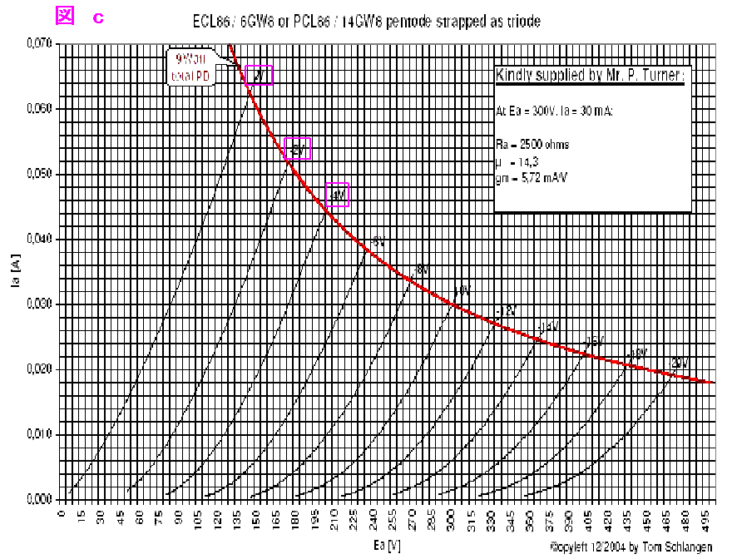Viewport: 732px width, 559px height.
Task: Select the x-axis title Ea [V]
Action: tap(388, 545)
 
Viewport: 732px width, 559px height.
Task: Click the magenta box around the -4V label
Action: tap(337, 195)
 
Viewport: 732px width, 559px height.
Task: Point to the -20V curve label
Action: tap(680, 363)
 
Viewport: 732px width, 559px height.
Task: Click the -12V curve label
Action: tap(505, 310)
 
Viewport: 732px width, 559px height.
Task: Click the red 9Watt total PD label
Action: tap(190, 67)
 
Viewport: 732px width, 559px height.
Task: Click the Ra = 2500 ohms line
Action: tap(532, 144)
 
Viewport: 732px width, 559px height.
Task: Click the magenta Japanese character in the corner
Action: tap(65, 15)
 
